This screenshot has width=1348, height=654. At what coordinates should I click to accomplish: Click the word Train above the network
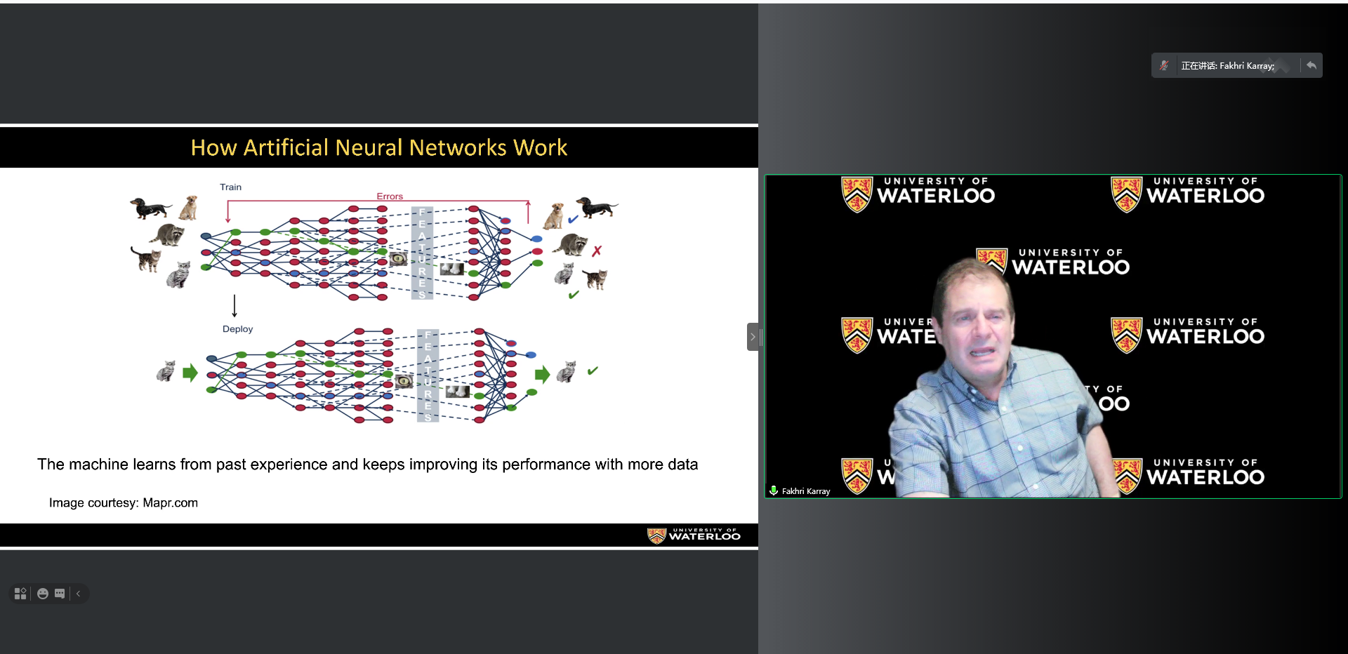[230, 187]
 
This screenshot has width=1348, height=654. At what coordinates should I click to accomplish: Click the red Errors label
[390, 196]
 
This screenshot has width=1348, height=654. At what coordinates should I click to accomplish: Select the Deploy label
[237, 329]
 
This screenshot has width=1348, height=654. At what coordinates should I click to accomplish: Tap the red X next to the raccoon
[597, 251]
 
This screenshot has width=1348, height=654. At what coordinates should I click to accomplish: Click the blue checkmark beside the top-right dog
[573, 219]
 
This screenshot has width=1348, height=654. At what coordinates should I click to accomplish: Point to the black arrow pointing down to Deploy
[234, 306]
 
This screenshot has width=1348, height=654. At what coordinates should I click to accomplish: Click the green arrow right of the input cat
[190, 373]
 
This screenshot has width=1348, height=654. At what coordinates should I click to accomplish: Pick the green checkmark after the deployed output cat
[593, 371]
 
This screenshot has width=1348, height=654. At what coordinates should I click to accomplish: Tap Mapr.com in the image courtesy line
[171, 502]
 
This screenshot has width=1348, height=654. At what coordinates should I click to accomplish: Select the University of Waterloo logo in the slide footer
[694, 535]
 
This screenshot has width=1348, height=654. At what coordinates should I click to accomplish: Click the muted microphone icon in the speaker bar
[1164, 65]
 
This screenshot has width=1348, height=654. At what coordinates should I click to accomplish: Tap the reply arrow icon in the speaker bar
[1311, 65]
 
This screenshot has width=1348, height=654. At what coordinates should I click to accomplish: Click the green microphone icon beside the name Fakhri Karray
[773, 490]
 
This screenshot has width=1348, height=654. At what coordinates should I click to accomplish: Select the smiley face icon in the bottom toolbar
[43, 594]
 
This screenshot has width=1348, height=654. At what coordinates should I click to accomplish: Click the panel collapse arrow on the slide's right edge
[753, 337]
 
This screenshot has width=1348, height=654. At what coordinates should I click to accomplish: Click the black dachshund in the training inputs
[150, 208]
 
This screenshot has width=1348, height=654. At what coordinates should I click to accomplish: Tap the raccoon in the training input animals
[168, 234]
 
